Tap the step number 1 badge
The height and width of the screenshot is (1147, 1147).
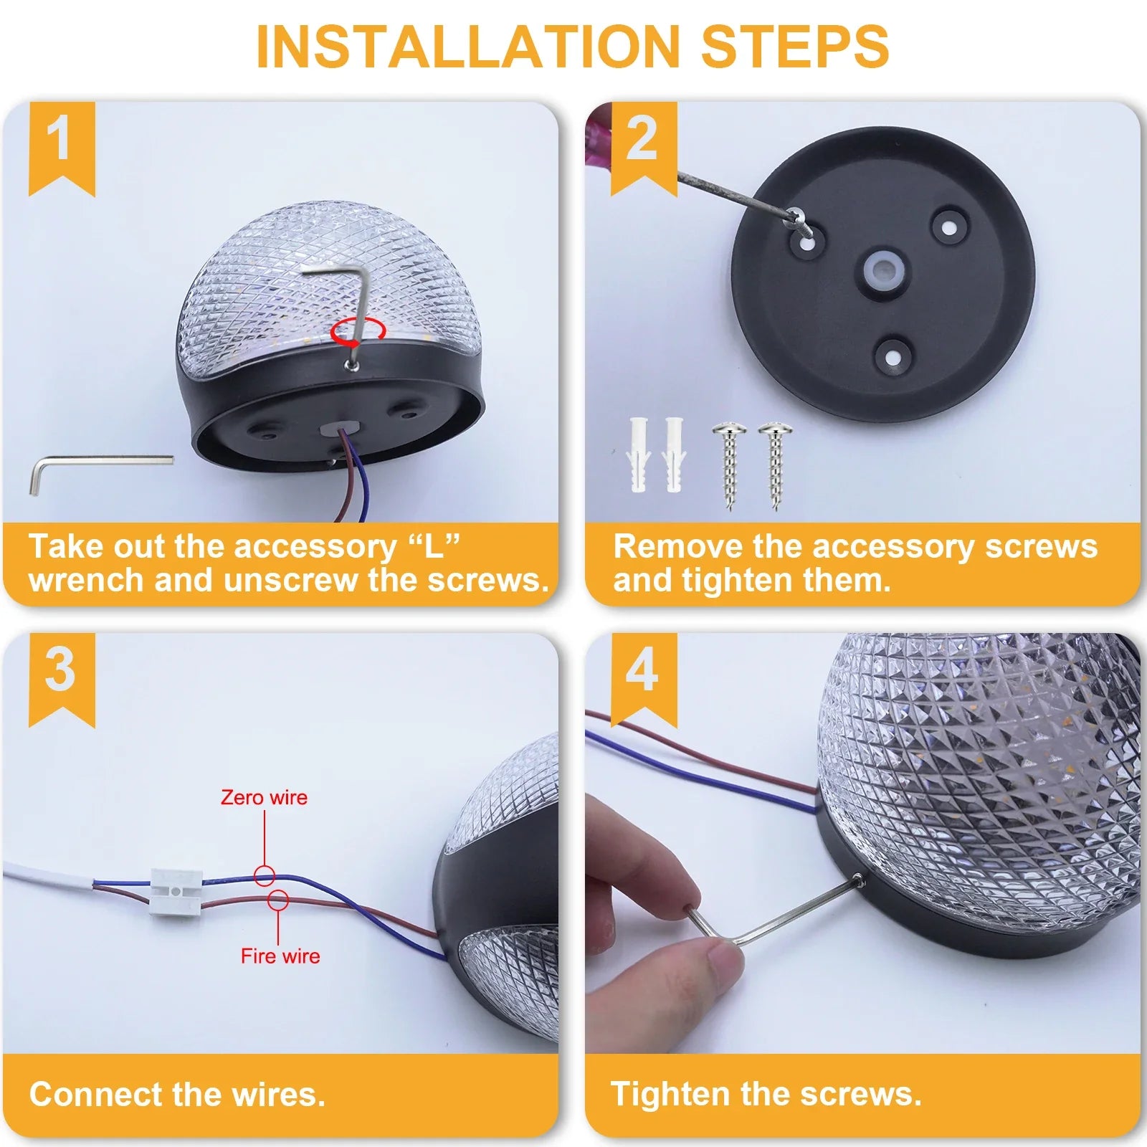coord(62,147)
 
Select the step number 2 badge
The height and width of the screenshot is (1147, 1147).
coord(644,147)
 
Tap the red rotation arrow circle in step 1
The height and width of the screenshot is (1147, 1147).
coord(358,331)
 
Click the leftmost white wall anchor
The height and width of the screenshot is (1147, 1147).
coord(639,454)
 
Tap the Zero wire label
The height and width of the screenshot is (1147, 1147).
coord(264,798)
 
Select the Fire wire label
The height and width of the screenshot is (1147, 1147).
coord(280,956)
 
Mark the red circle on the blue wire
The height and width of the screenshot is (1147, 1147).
coord(265,875)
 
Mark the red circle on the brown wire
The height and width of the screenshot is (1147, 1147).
coord(278,900)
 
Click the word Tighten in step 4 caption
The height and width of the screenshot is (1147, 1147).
coord(672,1095)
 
